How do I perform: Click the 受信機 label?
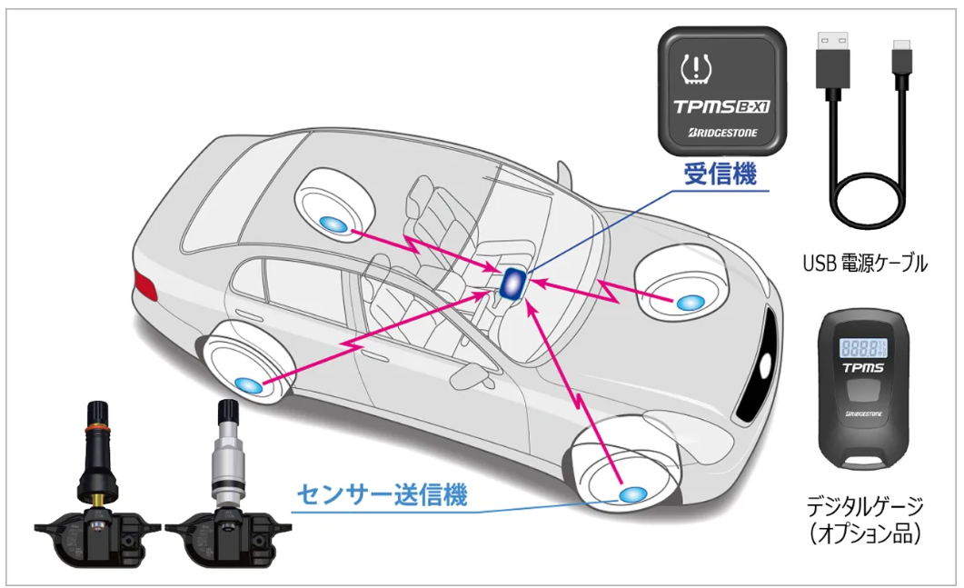pyautogui.click(x=720, y=175)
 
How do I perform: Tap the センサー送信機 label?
pyautogui.click(x=383, y=496)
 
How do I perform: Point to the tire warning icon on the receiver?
pyautogui.click(x=697, y=67)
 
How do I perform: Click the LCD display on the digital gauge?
pyautogui.click(x=865, y=347)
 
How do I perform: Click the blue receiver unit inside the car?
pyautogui.click(x=512, y=283)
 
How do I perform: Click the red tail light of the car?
pyautogui.click(x=143, y=282)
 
